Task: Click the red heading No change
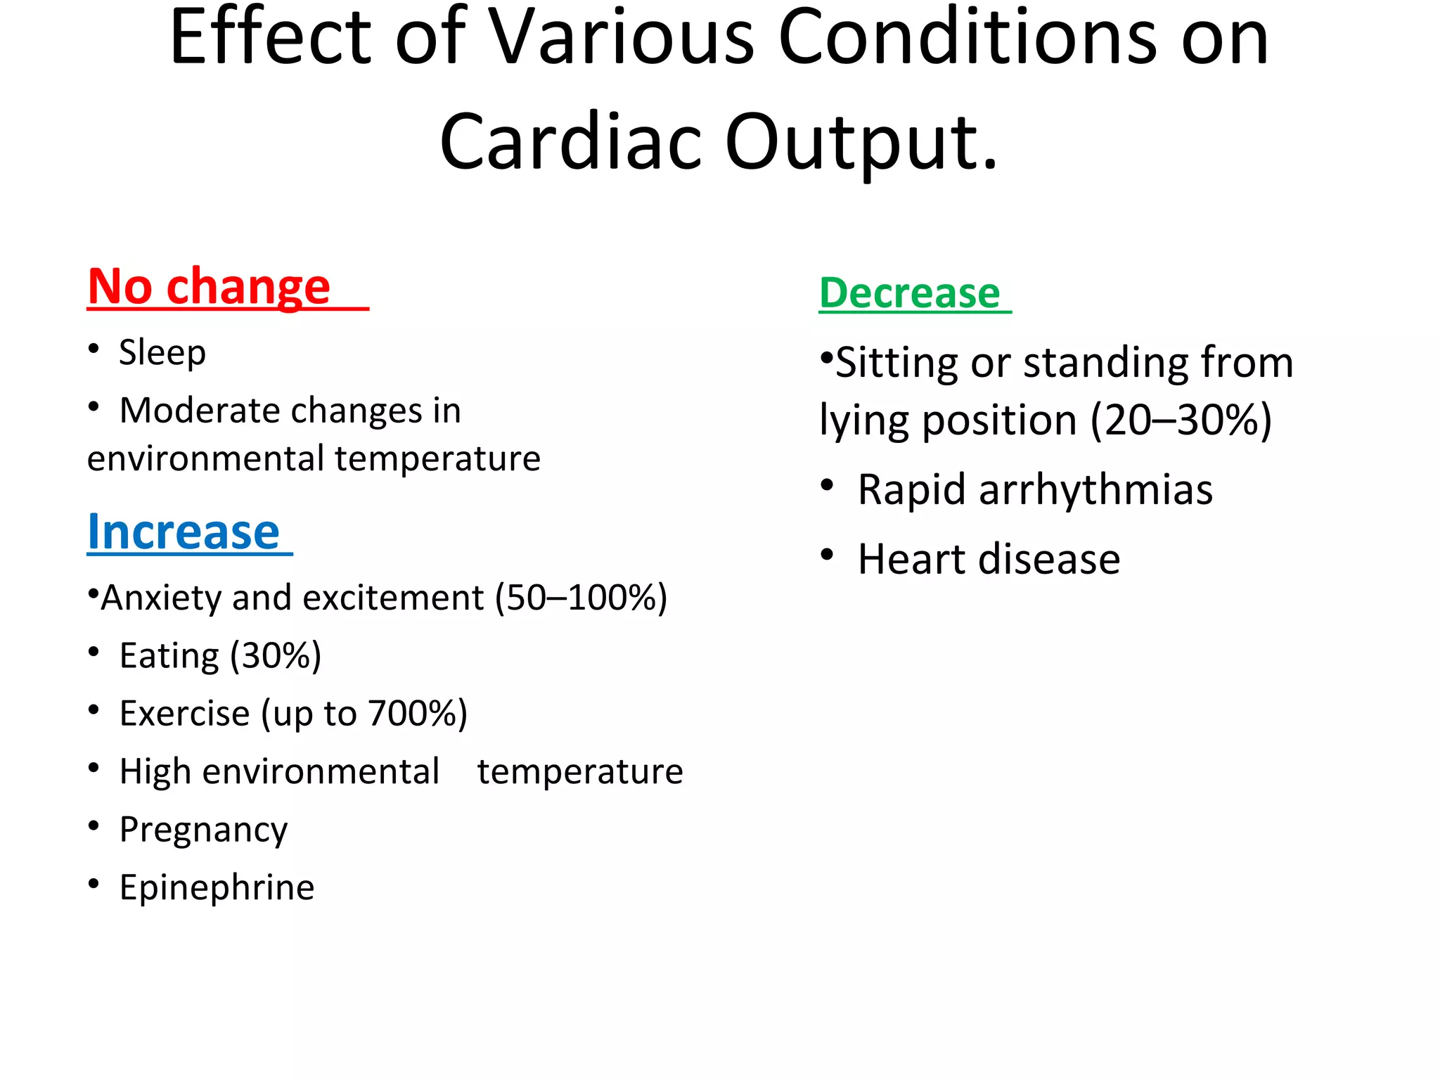point(209,287)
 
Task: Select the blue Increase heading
point(184,532)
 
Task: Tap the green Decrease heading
point(909,293)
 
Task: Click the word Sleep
point(162,352)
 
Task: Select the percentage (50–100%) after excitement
point(581,598)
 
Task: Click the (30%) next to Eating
point(276,656)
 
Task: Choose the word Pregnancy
point(203,830)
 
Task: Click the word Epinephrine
point(217,887)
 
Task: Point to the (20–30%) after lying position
point(1181,420)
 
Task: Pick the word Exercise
point(184,714)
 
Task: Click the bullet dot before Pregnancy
point(94,826)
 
